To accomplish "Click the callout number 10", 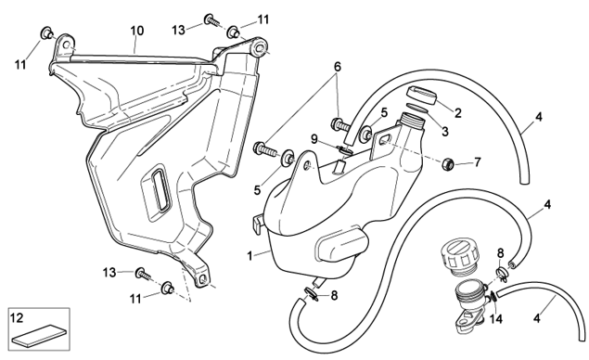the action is point(137,31).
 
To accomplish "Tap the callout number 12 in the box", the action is point(18,317).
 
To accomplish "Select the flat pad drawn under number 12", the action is point(39,335).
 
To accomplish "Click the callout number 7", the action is point(478,162).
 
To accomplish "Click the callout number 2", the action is point(457,113).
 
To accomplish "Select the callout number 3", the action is point(445,132).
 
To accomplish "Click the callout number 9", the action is point(314,140).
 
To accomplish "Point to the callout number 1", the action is point(250,256).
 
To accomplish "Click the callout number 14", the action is point(496,319).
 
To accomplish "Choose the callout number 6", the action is point(338,67).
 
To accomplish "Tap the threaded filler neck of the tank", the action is point(413,121).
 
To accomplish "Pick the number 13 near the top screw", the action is point(179,30).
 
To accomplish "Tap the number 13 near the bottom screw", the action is point(109,273).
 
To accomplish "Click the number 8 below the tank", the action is point(334,296).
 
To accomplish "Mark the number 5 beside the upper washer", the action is point(383,112).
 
